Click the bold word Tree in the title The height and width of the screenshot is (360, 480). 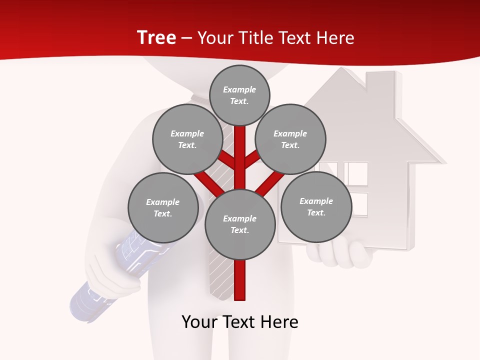tap(156, 37)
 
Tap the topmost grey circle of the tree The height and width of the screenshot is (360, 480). tap(239, 95)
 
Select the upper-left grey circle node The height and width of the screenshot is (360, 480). tap(187, 139)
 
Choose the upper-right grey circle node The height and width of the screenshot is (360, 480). tap(290, 139)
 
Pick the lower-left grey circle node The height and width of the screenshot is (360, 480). tap(163, 207)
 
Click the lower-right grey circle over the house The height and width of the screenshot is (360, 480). tap(316, 206)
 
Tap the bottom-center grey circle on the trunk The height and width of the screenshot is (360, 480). tap(240, 224)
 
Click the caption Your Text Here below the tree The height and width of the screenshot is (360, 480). tap(240, 322)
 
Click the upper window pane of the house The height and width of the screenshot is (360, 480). tap(355, 173)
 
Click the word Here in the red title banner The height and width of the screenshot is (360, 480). tap(335, 38)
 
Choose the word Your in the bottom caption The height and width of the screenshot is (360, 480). tap(199, 322)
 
